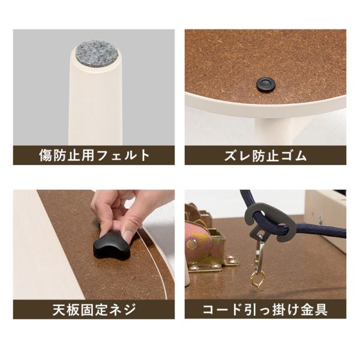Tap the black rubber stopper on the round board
265,84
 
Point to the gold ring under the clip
257,279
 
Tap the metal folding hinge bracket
207,243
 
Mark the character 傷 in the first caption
46,156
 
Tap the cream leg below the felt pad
95,108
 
